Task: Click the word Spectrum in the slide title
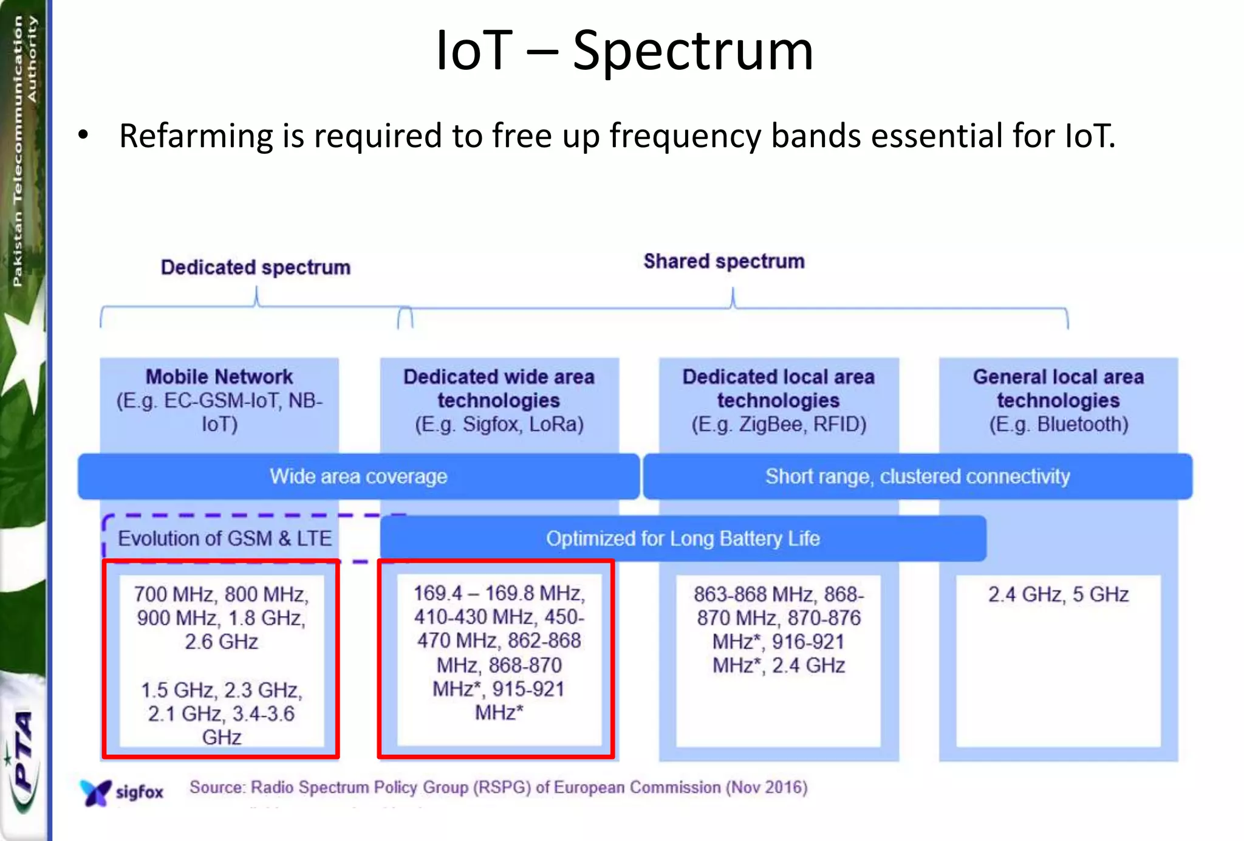coord(692,52)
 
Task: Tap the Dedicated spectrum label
coord(256,267)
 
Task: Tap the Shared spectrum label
coord(724,261)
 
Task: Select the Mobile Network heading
coord(219,377)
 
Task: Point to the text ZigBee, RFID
coord(802,424)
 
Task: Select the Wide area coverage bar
coord(358,476)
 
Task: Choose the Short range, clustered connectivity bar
coord(917,476)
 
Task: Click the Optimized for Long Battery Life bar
coord(683,538)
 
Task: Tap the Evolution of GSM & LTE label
coord(225,538)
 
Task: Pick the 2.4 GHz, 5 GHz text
coord(1058,594)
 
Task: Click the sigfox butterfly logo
coord(96,792)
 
